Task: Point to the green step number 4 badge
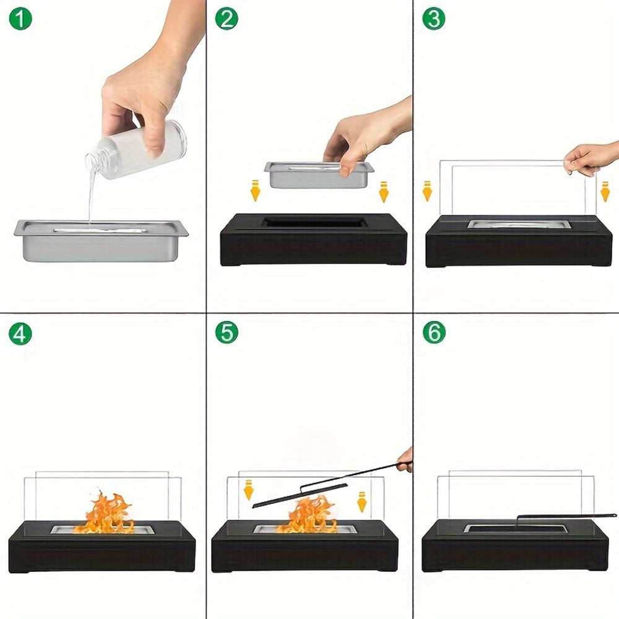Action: click(20, 334)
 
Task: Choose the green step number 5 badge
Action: click(227, 332)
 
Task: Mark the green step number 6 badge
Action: click(433, 332)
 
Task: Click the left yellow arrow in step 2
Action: click(255, 191)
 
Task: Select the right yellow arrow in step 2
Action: click(384, 191)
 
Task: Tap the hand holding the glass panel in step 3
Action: click(591, 158)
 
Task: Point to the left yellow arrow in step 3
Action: click(426, 191)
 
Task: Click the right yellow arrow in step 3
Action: click(605, 191)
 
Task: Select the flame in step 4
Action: click(105, 514)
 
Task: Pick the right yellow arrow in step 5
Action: click(362, 501)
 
